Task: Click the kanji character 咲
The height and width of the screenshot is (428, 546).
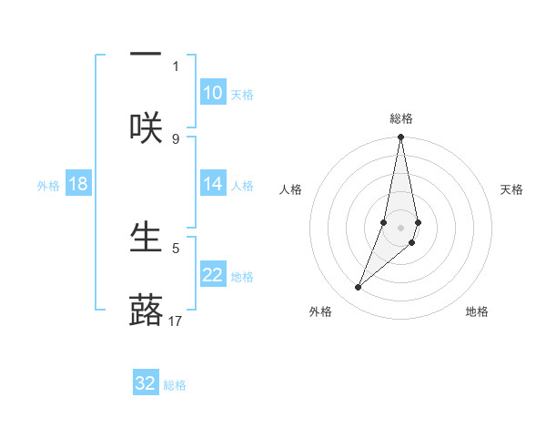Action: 146,127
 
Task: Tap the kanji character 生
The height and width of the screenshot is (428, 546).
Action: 146,236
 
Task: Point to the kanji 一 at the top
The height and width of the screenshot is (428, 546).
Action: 146,56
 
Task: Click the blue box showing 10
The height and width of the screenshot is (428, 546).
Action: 212,93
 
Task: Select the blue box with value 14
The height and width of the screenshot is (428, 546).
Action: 212,184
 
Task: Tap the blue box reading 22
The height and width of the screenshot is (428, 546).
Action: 212,276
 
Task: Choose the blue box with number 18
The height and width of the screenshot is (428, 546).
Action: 78,184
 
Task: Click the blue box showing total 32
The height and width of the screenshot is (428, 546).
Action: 146,383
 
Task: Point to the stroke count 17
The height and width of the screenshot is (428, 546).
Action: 176,321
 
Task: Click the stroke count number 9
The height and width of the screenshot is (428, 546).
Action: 176,138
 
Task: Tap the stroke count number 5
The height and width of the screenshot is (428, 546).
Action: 176,247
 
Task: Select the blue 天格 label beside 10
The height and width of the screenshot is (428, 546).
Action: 242,95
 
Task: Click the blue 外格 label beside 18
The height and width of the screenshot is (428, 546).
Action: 48,186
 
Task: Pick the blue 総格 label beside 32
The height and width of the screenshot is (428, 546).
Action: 175,385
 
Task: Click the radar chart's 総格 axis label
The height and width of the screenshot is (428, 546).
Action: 401,119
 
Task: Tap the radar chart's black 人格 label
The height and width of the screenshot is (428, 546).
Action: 291,189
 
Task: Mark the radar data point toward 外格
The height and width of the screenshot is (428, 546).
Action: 359,287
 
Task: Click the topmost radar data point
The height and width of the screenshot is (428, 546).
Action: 400,138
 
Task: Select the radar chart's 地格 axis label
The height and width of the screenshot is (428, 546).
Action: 477,311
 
